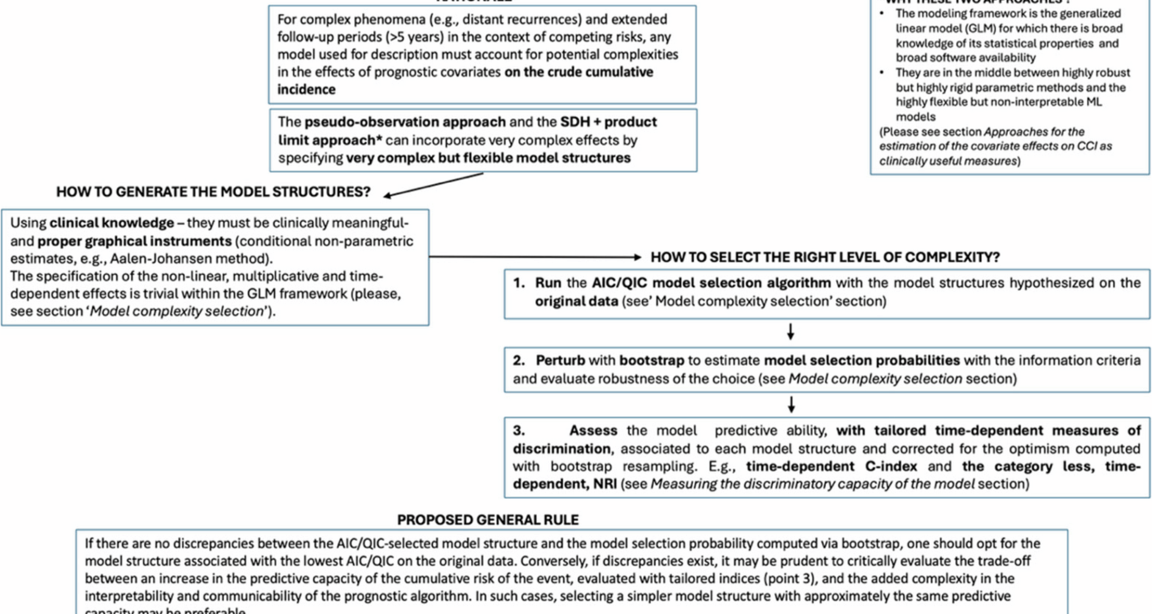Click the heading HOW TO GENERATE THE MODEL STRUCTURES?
(213, 192)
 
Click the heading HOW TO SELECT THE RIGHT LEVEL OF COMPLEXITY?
(825, 257)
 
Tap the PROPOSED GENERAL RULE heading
(488, 520)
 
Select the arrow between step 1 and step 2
(791, 332)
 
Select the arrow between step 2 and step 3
(791, 405)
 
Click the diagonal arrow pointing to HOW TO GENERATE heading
(433, 185)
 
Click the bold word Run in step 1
(548, 283)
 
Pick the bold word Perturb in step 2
(560, 360)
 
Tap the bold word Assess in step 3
(593, 431)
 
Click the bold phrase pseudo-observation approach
(405, 122)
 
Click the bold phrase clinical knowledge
(112, 223)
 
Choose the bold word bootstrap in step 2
(652, 360)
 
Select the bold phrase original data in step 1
(576, 301)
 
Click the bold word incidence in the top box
(306, 89)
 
